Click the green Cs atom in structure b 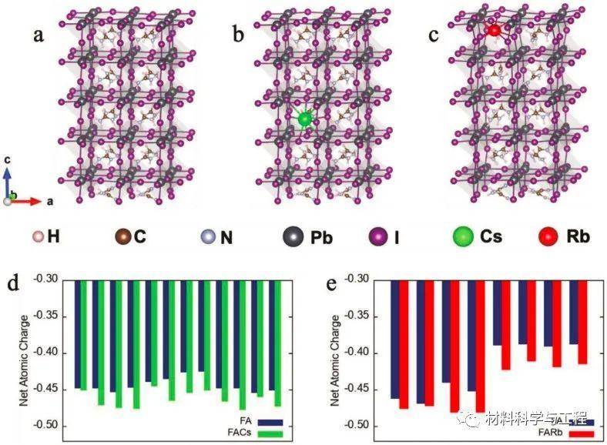[305, 119]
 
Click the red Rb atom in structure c [493, 30]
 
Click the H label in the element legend [53, 236]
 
